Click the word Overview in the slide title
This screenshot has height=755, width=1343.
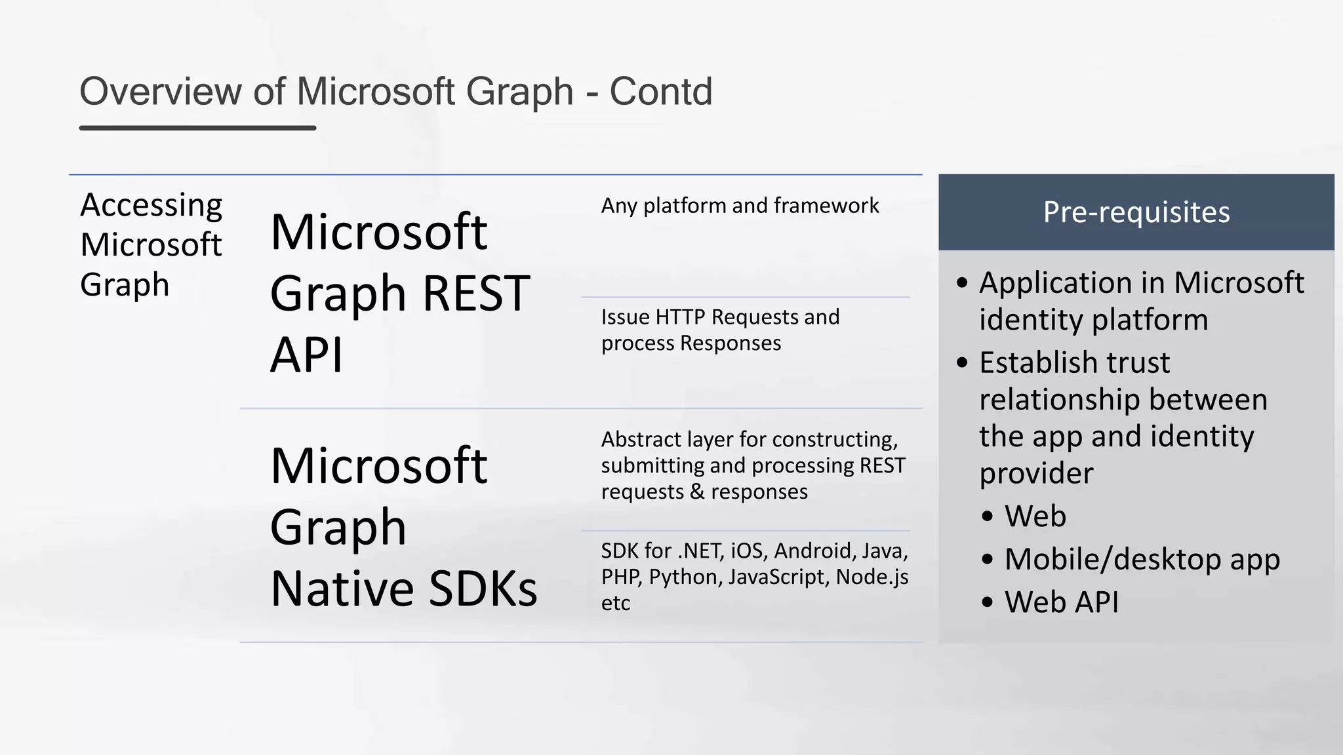(x=161, y=91)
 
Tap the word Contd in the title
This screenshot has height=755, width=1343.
(x=660, y=91)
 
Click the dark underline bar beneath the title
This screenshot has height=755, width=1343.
(x=197, y=128)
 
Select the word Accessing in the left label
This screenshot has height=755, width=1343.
(x=151, y=206)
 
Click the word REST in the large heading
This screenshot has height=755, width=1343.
(x=476, y=293)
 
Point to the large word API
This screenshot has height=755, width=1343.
(x=306, y=355)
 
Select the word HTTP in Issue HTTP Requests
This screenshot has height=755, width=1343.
(x=681, y=317)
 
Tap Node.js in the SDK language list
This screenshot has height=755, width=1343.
(x=872, y=577)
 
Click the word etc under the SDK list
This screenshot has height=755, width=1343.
(x=616, y=603)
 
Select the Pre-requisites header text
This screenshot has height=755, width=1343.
(x=1136, y=212)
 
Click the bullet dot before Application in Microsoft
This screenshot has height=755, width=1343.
(x=962, y=283)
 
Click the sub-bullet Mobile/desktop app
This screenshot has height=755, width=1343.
(x=1142, y=559)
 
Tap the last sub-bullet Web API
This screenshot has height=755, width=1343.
(x=1061, y=602)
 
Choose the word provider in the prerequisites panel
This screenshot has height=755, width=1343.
(x=1036, y=473)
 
